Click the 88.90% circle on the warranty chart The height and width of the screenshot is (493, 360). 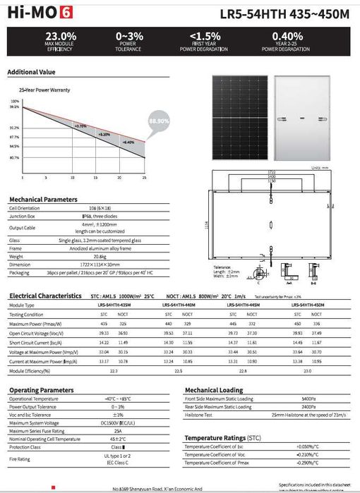[159, 121]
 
